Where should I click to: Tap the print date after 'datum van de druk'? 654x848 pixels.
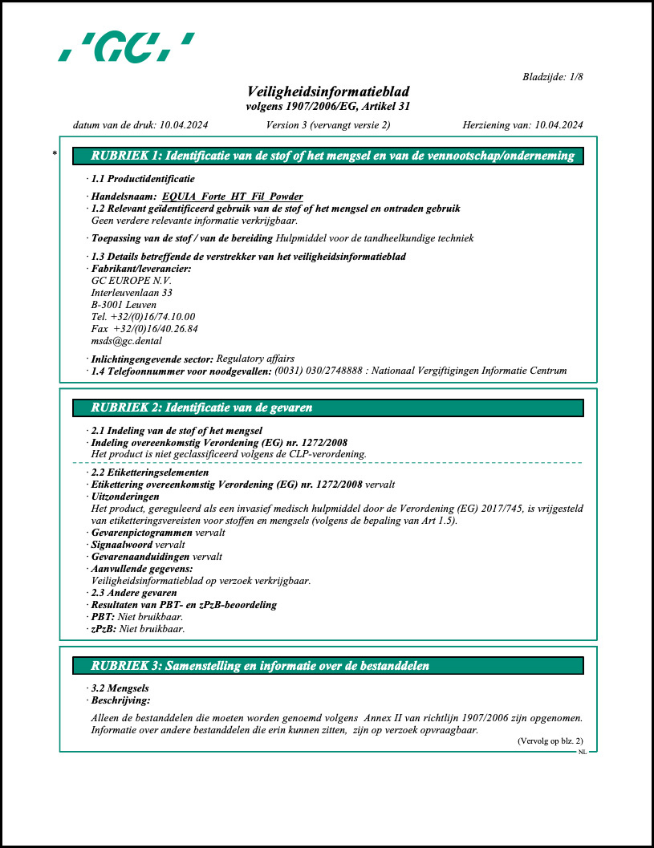coord(184,124)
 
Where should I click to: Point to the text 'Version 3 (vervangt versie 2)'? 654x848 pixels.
coord(327,124)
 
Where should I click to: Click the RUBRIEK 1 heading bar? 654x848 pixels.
coord(327,156)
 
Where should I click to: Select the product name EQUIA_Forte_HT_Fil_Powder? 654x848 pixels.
coord(232,196)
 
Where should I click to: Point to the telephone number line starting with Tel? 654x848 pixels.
coord(143,316)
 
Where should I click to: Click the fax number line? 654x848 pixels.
coord(144,328)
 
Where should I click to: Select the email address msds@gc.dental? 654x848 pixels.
coord(127,340)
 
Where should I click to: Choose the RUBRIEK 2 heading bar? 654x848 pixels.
coord(327,408)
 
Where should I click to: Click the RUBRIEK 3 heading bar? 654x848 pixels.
coord(327,665)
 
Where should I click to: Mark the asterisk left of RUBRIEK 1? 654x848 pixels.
coord(55,152)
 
